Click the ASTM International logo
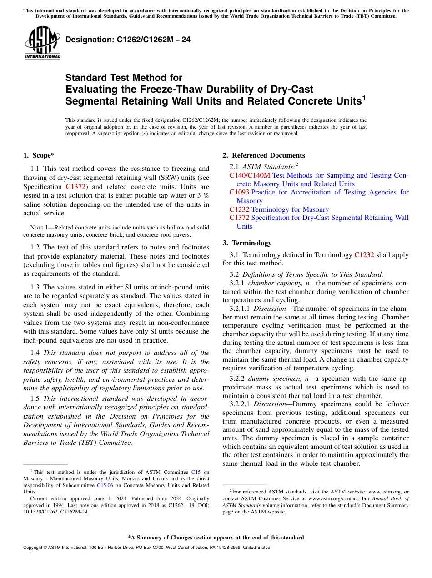click(42, 43)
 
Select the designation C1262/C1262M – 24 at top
click(128, 40)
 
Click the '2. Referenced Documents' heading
click(264, 155)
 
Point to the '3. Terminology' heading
click(247, 243)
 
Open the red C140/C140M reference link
click(250, 175)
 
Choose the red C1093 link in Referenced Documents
click(239, 192)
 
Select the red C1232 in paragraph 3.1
click(364, 255)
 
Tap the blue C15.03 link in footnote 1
click(104, 485)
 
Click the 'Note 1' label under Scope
click(33, 227)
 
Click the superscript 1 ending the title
click(363, 97)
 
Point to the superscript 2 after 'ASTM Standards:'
click(297, 164)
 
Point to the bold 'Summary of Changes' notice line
click(216, 538)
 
